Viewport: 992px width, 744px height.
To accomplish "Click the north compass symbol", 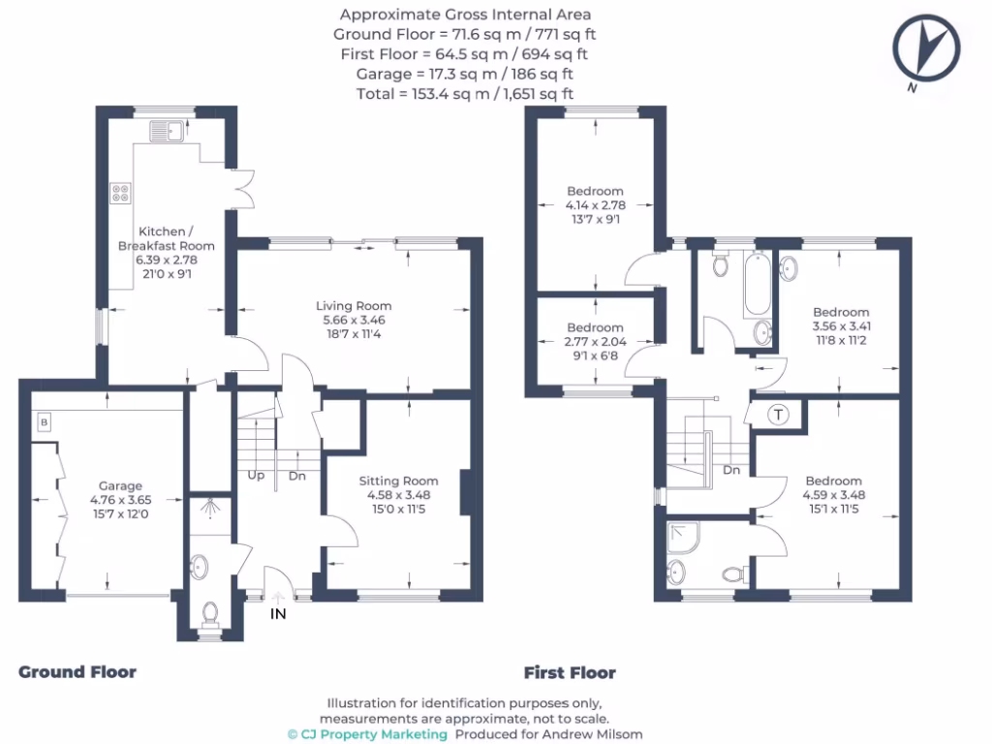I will (927, 49).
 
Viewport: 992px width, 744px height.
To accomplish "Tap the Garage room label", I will (120, 485).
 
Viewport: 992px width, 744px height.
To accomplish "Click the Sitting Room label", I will (398, 480).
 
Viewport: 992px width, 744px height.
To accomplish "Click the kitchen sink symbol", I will (167, 131).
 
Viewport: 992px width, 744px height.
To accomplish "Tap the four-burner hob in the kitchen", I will (121, 193).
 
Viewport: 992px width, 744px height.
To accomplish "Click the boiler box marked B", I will (44, 421).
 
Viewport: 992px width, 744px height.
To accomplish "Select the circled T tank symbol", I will (778, 415).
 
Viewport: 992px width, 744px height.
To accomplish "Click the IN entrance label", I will (278, 613).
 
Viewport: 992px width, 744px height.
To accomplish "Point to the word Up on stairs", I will (257, 477).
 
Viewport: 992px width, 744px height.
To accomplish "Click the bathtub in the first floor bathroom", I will (757, 284).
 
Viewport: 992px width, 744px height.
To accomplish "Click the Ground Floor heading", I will (77, 671).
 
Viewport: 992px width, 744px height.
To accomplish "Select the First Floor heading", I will (570, 672).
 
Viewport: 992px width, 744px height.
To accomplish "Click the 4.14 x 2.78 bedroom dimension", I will (595, 205).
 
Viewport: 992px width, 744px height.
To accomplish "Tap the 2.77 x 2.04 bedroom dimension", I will (595, 342).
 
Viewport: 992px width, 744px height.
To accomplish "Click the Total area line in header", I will (465, 94).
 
